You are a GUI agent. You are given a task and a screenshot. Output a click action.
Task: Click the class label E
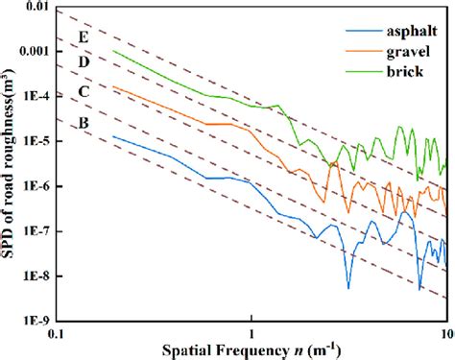[x=84, y=38]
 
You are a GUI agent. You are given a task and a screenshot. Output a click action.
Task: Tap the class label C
[x=84, y=93]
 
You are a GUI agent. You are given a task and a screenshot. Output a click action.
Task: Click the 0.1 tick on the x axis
[x=59, y=333]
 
